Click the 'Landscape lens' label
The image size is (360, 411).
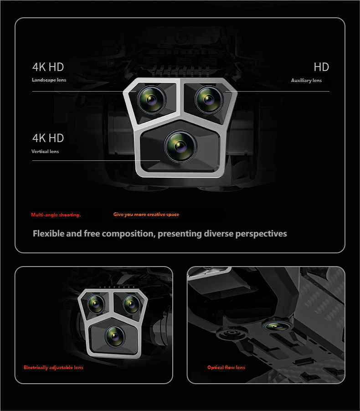(49, 80)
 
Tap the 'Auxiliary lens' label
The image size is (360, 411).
(306, 81)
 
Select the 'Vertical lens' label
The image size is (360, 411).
(45, 151)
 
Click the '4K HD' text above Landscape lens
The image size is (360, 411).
(48, 67)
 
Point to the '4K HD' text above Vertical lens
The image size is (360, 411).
(48, 138)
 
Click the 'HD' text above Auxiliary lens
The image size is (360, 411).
(321, 67)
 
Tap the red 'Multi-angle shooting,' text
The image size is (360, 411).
(56, 215)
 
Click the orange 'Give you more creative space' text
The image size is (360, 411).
(146, 215)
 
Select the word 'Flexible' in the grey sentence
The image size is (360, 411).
(48, 233)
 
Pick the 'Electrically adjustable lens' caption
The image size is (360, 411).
(53, 368)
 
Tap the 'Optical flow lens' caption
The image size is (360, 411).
(226, 368)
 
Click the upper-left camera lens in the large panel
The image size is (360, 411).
(152, 100)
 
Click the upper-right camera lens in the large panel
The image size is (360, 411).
(209, 100)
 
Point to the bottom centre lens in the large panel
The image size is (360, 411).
(180, 146)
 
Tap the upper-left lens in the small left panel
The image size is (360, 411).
(96, 303)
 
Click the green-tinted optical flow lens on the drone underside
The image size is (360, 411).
(278, 326)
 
